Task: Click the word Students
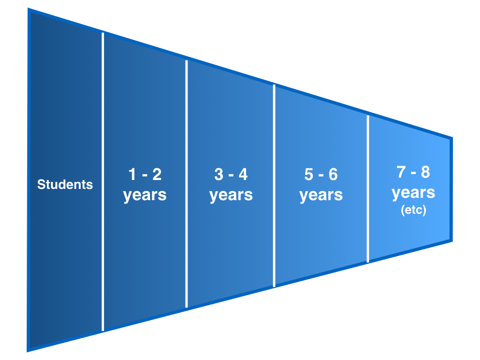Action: [65, 185]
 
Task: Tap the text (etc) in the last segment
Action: [413, 210]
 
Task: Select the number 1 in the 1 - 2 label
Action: [132, 174]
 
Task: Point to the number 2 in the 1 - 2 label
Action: [157, 174]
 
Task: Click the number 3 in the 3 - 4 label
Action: [218, 174]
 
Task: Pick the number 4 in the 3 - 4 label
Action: [243, 174]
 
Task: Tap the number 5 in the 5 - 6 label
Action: [308, 174]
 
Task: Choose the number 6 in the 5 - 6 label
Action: [333, 174]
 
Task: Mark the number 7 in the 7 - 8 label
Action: [401, 172]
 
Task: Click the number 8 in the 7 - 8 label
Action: [425, 172]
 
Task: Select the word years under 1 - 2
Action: [145, 195]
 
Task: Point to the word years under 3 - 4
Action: [231, 195]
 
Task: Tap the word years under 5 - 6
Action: [321, 195]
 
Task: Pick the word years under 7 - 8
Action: [413, 192]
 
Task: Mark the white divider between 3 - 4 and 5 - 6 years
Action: [274, 186]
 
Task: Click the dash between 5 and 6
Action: [321, 175]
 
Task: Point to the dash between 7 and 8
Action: [413, 173]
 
